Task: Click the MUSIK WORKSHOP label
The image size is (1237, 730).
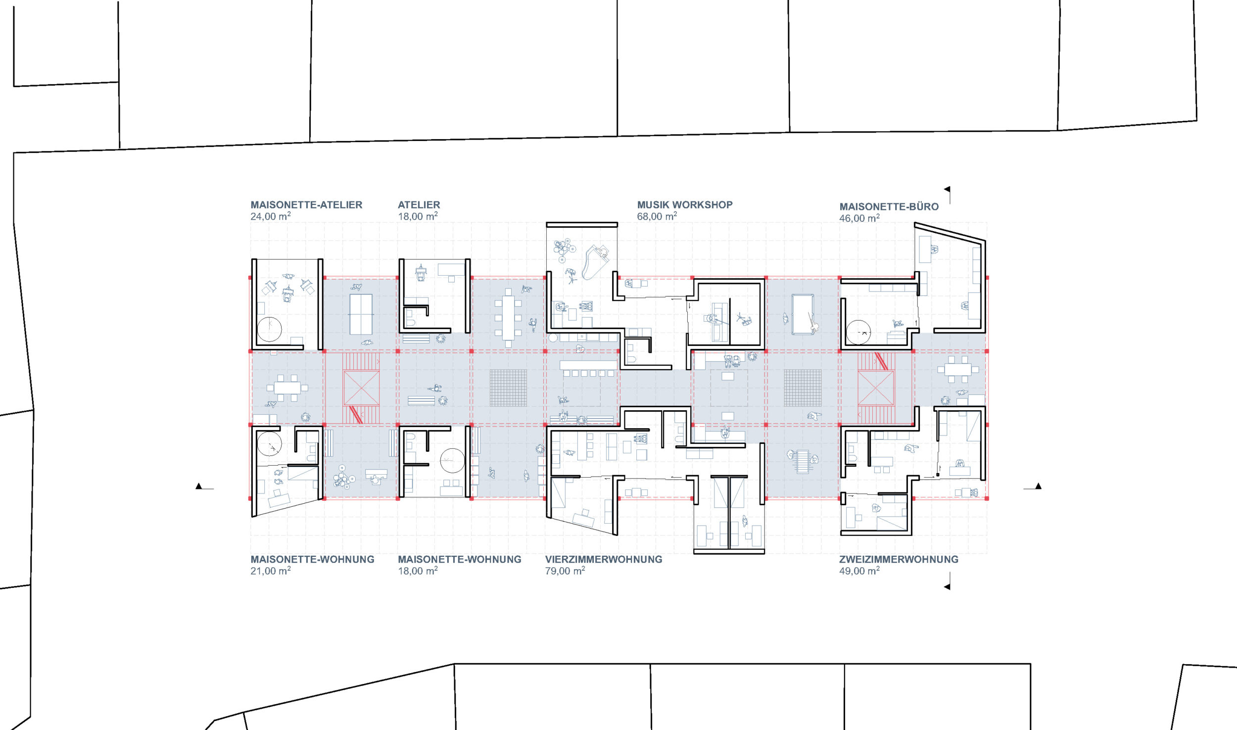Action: pyautogui.click(x=685, y=205)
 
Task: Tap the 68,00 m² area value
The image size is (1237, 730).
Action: pyautogui.click(x=657, y=216)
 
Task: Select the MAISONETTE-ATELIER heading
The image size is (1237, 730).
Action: pyautogui.click(x=306, y=205)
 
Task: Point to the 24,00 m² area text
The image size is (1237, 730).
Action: pyautogui.click(x=270, y=216)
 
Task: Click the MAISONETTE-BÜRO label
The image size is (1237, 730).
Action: pyautogui.click(x=889, y=206)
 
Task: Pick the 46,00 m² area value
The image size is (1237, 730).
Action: pyautogui.click(x=859, y=218)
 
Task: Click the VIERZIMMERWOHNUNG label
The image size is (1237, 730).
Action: pyautogui.click(x=604, y=559)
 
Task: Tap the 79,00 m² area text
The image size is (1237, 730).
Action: pyautogui.click(x=565, y=571)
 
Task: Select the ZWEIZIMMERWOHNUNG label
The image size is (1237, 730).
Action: pyautogui.click(x=899, y=559)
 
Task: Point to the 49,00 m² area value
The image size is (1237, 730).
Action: pyautogui.click(x=859, y=571)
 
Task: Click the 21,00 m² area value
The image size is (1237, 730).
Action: pyautogui.click(x=270, y=571)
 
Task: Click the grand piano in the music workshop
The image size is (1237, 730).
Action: pyautogui.click(x=595, y=262)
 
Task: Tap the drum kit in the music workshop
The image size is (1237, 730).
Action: pyautogui.click(x=564, y=249)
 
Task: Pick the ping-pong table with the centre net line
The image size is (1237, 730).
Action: pyautogui.click(x=361, y=314)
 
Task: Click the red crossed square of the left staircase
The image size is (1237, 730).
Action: pyautogui.click(x=361, y=388)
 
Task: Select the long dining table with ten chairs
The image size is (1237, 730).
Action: pyautogui.click(x=508, y=317)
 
